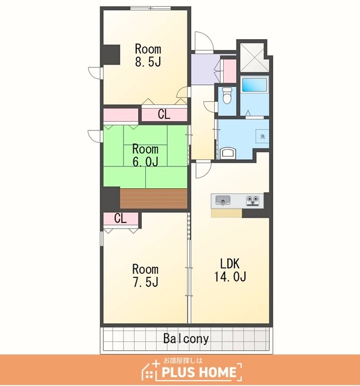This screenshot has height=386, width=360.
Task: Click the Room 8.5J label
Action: [x=148, y=55]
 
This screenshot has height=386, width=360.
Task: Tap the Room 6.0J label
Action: [x=145, y=156]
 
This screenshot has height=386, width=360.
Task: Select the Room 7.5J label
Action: [x=145, y=276]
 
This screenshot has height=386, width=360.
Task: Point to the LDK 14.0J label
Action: [x=230, y=270]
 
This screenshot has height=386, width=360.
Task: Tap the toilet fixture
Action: [x=227, y=95]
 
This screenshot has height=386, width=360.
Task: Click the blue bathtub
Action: [x=254, y=84]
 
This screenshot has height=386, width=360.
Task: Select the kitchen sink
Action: [x=223, y=200]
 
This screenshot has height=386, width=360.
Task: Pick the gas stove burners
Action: [x=253, y=200]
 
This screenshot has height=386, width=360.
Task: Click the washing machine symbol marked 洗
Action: [x=262, y=136]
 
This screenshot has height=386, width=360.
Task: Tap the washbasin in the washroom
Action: [x=229, y=153]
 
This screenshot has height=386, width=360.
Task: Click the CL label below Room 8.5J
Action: [x=164, y=115]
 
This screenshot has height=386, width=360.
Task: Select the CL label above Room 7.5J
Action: [x=121, y=218]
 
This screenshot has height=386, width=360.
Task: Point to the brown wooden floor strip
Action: [x=154, y=198]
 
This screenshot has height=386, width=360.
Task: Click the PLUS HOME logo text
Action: [x=199, y=372]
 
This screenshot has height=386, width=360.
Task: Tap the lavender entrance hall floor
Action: [x=206, y=69]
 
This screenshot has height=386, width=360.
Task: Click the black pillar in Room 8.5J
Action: [x=111, y=55]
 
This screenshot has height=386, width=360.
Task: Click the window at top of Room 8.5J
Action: [x=150, y=8]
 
